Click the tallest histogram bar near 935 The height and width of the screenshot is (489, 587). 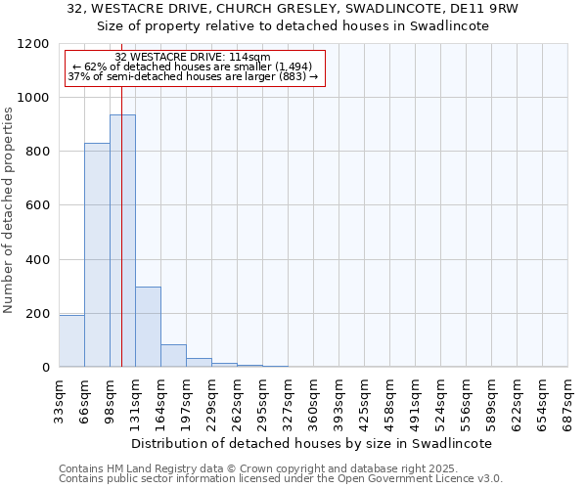tap(122, 241)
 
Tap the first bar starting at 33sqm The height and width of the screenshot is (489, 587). tap(71, 340)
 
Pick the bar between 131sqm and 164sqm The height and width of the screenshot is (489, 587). tap(148, 327)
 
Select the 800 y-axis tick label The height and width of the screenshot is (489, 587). tap(36, 152)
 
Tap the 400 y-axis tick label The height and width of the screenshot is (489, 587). tap(36, 260)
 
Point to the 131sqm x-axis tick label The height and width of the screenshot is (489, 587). tap(135, 397)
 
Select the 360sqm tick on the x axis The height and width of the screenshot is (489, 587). tap(313, 397)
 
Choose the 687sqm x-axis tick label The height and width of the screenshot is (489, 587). tap(567, 397)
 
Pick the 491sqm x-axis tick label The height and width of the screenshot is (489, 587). tap(415, 397)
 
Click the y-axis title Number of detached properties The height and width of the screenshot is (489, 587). tap(9, 210)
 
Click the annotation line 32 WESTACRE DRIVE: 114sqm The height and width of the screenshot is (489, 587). tap(193, 58)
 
